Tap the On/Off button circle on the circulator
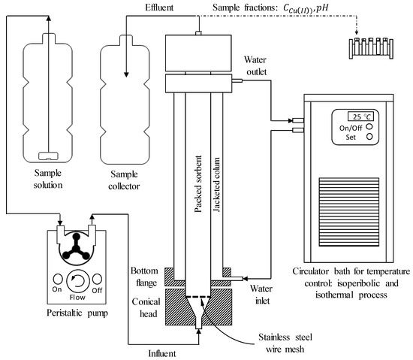369,126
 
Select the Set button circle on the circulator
369,137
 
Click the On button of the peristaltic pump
58,279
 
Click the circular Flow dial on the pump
78,281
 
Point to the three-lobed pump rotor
76,246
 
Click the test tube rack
371,48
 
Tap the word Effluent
159,8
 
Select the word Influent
162,353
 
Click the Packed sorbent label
197,183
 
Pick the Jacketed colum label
216,184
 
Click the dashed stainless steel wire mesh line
198,297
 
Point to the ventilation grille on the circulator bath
349,212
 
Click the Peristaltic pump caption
77,313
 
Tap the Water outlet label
255,65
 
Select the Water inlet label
261,295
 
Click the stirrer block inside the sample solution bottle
48,156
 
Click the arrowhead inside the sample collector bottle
126,74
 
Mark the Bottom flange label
145,277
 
